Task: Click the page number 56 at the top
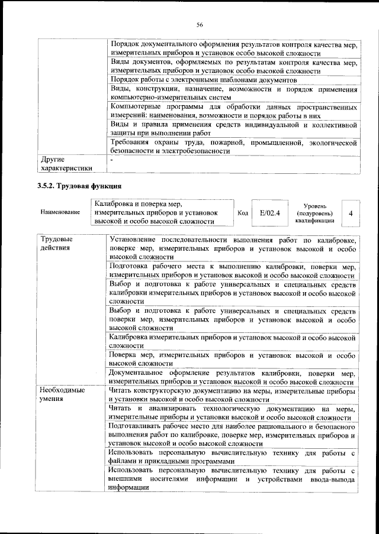[200, 24]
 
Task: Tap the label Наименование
[60, 212]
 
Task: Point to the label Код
[242, 212]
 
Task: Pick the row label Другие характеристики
[66, 164]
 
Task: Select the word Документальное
[142, 373]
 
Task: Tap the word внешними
[127, 480]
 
